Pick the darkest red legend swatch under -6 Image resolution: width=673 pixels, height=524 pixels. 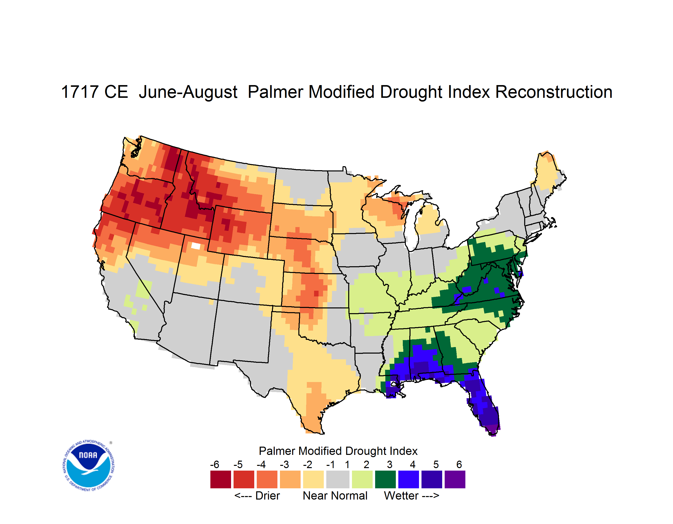pos(220,479)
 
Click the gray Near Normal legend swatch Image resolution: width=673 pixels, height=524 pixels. pos(338,479)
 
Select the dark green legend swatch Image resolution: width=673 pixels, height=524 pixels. pos(385,479)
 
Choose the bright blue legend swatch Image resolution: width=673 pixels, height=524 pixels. pos(408,479)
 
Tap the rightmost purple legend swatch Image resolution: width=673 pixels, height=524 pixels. pos(455,479)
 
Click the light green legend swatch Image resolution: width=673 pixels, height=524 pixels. pos(362,479)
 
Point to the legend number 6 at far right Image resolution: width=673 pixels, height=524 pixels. pos(459,464)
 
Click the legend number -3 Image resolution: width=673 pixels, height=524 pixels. pos(284,464)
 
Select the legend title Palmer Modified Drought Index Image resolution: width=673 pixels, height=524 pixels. pos(338,451)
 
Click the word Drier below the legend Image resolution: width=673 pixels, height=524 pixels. pos(267,496)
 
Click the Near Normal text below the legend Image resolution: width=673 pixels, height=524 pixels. pos(335,496)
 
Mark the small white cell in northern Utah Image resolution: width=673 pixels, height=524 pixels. pos(196,246)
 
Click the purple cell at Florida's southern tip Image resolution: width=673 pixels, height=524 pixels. pos(493,429)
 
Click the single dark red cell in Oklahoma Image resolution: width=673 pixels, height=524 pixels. pos(316,293)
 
